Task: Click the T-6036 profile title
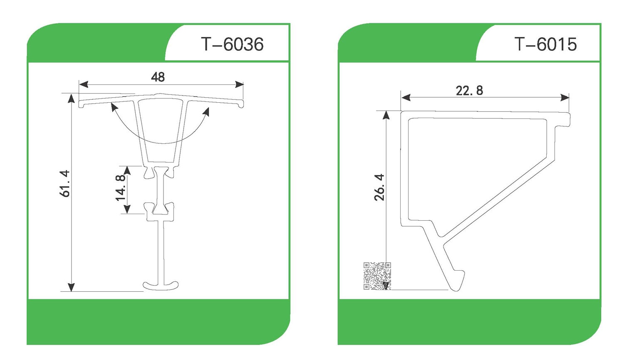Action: coord(232,44)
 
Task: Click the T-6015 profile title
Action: coord(545,44)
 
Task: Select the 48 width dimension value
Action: coord(158,77)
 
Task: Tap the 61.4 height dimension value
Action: coord(64,183)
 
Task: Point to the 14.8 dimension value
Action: coord(121,188)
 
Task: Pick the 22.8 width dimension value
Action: coord(469,91)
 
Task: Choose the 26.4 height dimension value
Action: coord(379,187)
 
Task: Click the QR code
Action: coord(377,276)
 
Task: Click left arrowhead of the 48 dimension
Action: coord(84,84)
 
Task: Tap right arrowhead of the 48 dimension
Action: coord(239,84)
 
